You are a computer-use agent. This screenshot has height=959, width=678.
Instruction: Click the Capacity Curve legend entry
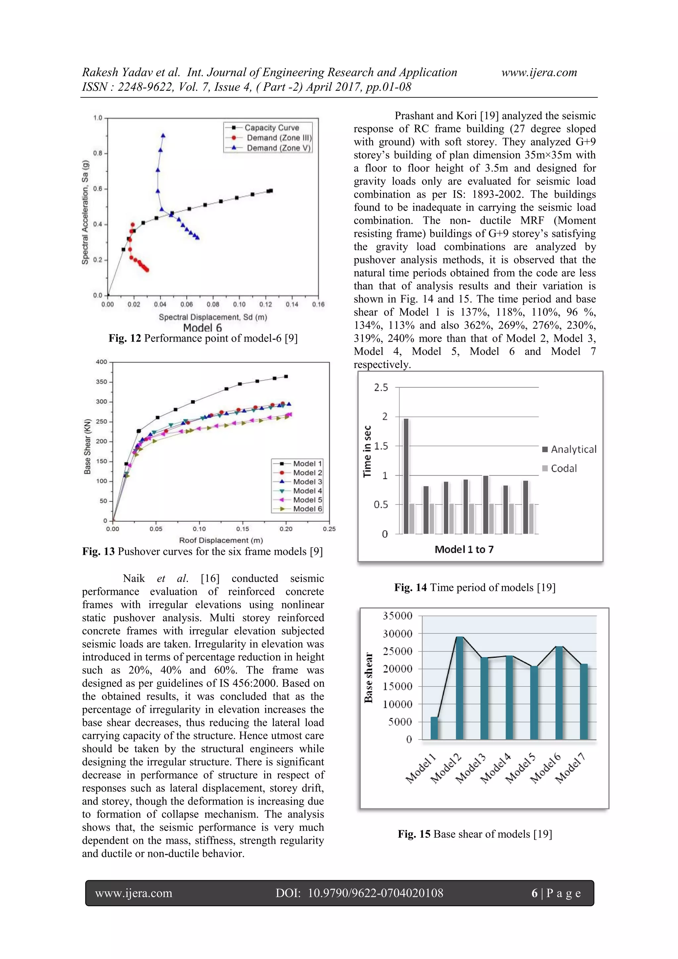pyautogui.click(x=271, y=127)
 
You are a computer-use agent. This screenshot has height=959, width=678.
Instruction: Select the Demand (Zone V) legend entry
pyautogui.click(x=278, y=148)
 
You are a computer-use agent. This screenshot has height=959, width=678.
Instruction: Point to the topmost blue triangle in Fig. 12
pyautogui.click(x=163, y=135)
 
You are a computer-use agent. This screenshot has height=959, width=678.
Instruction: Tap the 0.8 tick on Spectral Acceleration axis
pyautogui.click(x=97, y=153)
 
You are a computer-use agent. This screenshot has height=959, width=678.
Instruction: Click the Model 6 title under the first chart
pyautogui.click(x=203, y=327)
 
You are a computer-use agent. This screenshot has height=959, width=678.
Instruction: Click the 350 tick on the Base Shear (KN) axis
pyautogui.click(x=102, y=382)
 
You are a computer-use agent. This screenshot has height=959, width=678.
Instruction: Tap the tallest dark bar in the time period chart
pyautogui.click(x=406, y=476)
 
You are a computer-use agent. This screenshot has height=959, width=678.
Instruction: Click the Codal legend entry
pyautogui.click(x=563, y=468)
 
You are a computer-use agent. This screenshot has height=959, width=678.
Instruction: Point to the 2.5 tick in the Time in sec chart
pyautogui.click(x=381, y=388)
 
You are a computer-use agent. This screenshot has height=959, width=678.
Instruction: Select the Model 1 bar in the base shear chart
pyautogui.click(x=434, y=729)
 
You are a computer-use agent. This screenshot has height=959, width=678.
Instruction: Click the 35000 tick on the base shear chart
pyautogui.click(x=397, y=616)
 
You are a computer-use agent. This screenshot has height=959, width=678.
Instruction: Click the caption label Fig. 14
pyautogui.click(x=410, y=587)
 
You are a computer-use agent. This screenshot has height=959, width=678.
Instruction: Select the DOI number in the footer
pyautogui.click(x=375, y=893)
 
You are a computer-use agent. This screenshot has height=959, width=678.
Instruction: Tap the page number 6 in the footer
pyautogui.click(x=534, y=893)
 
